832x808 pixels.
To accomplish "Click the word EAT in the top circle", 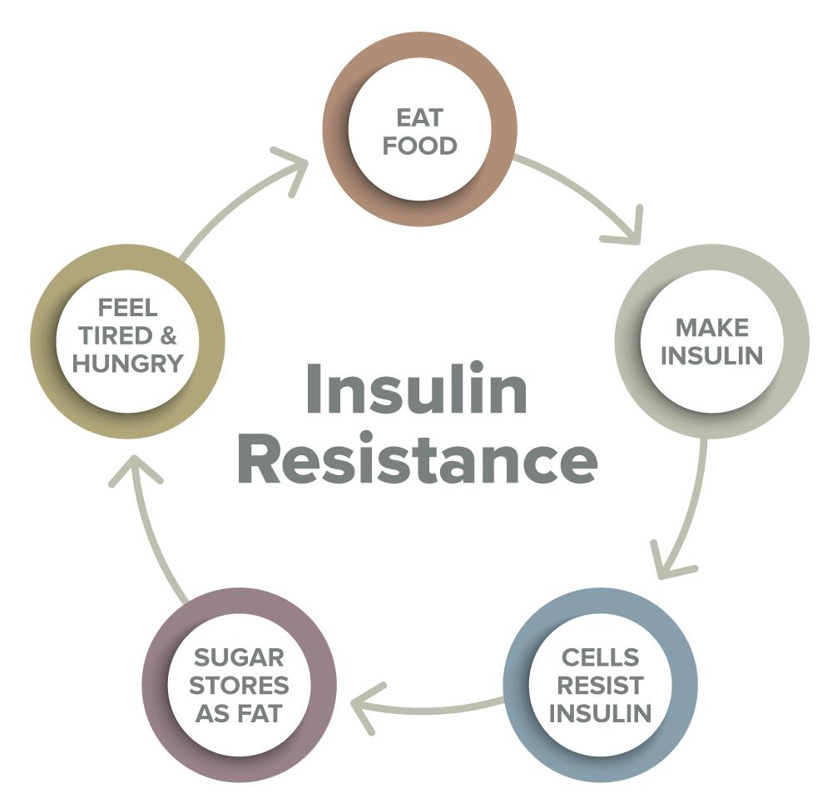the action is tap(419, 118).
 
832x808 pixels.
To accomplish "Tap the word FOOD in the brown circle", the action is tap(419, 146).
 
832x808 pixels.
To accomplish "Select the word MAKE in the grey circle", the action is tap(712, 327).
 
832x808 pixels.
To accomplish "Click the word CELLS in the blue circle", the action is tap(600, 657).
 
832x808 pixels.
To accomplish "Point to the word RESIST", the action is tap(600, 685).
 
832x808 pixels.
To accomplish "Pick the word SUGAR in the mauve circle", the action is tap(239, 657).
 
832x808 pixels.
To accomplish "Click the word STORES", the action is tap(239, 685).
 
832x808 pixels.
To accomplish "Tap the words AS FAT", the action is tap(239, 713).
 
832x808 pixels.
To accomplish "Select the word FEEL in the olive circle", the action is tap(128, 307).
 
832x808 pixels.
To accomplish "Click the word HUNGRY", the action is tap(128, 364).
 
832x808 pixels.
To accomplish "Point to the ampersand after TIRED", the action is tap(168, 335).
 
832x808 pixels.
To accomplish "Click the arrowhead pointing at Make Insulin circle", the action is tap(626, 227).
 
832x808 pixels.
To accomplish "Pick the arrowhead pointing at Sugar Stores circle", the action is tap(365, 707).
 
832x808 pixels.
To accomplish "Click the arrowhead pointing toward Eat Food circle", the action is tap(293, 169).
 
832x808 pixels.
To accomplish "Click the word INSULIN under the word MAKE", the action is tap(712, 355).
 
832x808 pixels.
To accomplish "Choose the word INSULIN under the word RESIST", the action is tap(600, 713).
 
